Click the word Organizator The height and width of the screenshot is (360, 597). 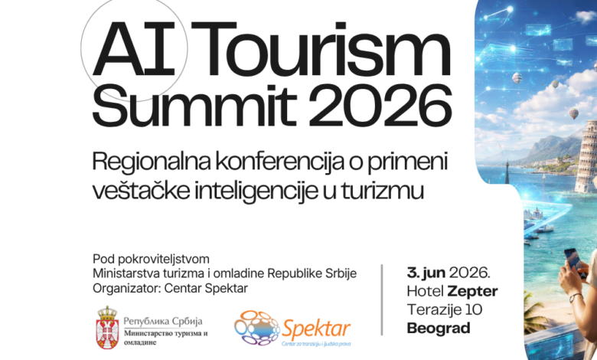126,287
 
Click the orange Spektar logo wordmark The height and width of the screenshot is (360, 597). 316,329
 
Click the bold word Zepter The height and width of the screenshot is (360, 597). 473,291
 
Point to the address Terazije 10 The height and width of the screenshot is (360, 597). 445,310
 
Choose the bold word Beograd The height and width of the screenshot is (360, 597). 439,329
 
